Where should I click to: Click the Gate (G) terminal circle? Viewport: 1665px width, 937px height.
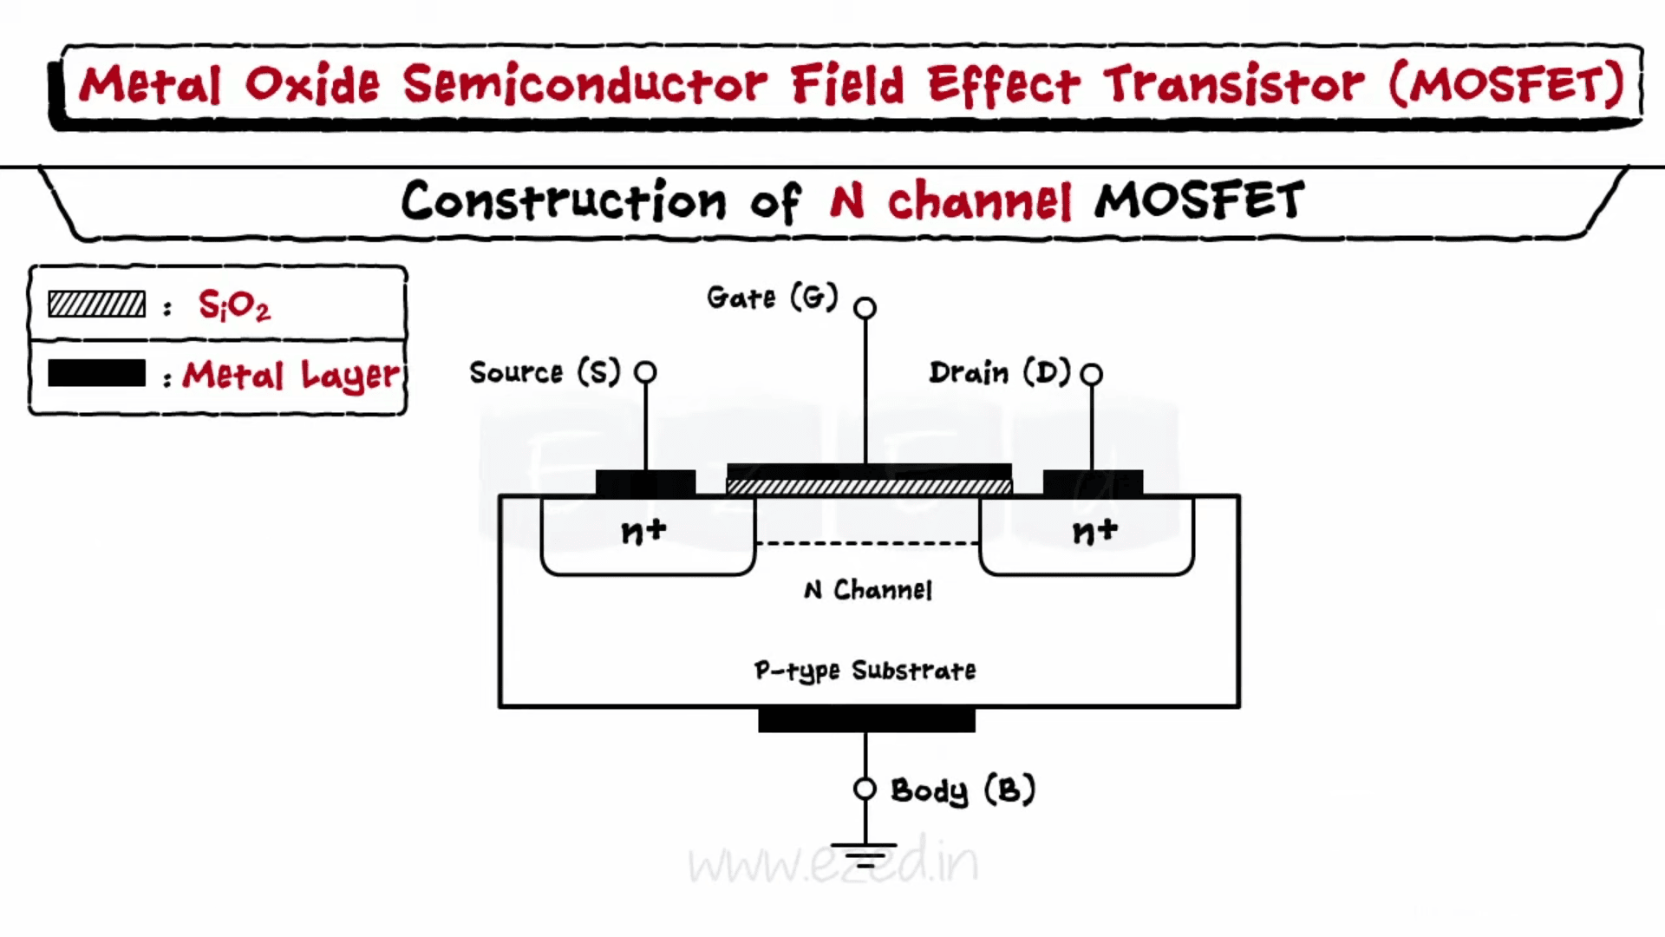pyautogui.click(x=865, y=308)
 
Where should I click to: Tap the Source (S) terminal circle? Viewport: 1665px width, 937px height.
pyautogui.click(x=645, y=372)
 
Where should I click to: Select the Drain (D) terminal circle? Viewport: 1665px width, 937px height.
pyautogui.click(x=1092, y=374)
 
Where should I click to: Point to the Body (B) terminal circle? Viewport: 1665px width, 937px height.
pyautogui.click(x=865, y=789)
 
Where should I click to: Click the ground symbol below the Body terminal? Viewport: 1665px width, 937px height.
pyautogui.click(x=864, y=855)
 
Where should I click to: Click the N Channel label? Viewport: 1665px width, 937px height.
pyautogui.click(x=868, y=590)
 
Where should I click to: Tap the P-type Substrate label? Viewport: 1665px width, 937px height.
pyautogui.click(x=865, y=671)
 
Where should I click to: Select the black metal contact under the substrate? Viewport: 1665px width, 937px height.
pyautogui.click(x=866, y=720)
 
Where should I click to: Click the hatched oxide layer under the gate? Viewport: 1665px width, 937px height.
pyautogui.click(x=869, y=487)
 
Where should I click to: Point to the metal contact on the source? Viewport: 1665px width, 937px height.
pyautogui.click(x=645, y=482)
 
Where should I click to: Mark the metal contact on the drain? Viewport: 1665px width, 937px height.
pyautogui.click(x=1093, y=482)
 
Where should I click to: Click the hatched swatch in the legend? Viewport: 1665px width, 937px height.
pyautogui.click(x=96, y=305)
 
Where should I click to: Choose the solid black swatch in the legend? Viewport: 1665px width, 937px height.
pyautogui.click(x=96, y=373)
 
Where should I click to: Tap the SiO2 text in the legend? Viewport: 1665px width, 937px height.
pyautogui.click(x=234, y=305)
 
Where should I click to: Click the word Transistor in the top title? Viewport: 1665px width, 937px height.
pyautogui.click(x=1233, y=84)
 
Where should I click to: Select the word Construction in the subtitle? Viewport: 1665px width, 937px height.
pyautogui.click(x=564, y=200)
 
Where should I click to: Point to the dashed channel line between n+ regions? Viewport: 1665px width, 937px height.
pyautogui.click(x=867, y=544)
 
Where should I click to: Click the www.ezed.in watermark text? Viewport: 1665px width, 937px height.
pyautogui.click(x=833, y=861)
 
